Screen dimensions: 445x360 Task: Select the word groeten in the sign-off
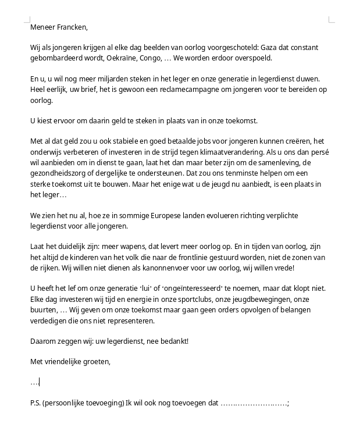click(x=96, y=361)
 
